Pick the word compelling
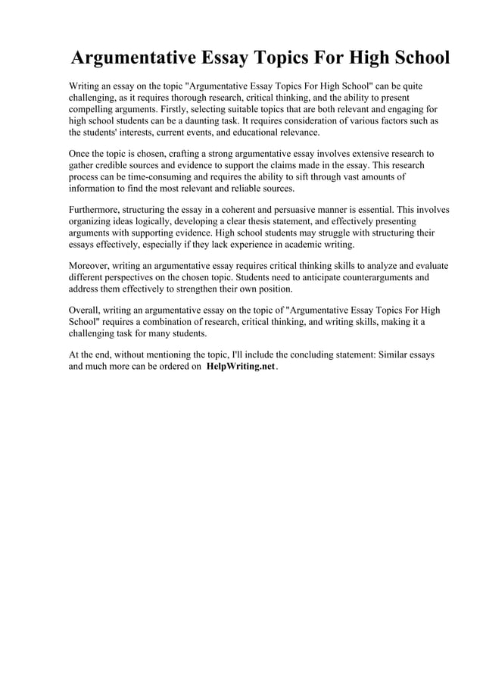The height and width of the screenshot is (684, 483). [92, 109]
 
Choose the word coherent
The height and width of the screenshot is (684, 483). [251, 210]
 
